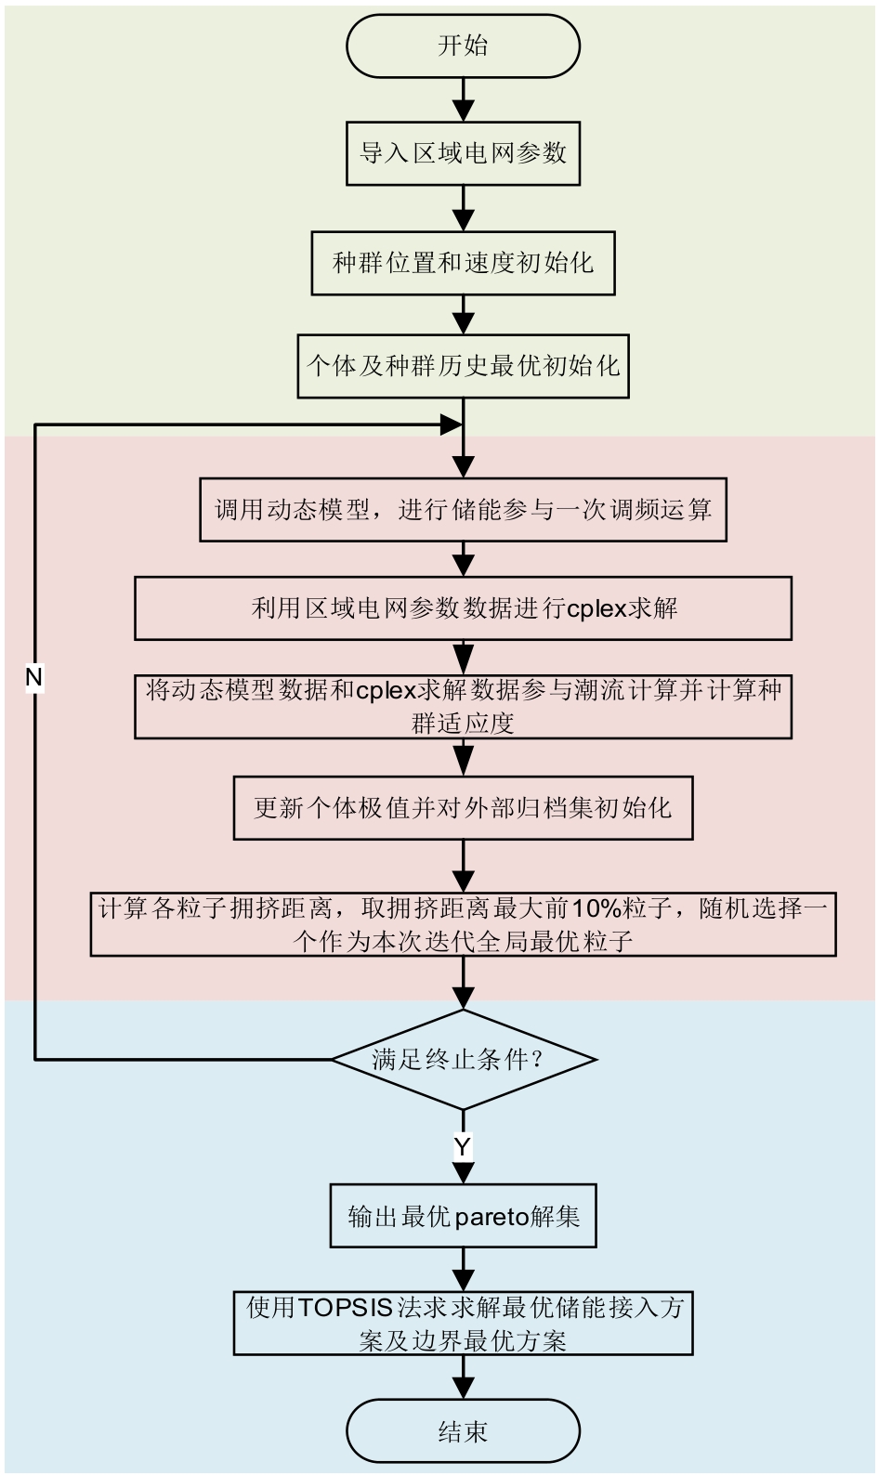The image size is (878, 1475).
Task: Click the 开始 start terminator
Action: [x=463, y=46]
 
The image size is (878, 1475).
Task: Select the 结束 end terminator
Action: [x=463, y=1431]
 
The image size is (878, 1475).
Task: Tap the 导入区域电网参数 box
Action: [x=463, y=153]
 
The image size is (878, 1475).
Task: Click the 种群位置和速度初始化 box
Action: [x=463, y=263]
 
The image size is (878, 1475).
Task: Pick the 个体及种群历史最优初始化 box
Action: [x=463, y=366]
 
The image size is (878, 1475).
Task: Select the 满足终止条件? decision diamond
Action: [x=463, y=1059]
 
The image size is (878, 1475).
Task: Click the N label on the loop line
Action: [x=34, y=678]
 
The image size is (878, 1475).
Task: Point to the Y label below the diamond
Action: [x=463, y=1146]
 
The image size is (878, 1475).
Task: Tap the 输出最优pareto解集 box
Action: [x=463, y=1216]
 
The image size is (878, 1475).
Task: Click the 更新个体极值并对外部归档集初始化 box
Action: [x=463, y=807]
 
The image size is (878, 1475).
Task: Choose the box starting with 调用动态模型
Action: [x=463, y=509]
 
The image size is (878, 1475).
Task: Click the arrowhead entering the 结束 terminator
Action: [x=463, y=1387]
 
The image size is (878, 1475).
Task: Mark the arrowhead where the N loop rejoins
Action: [x=451, y=425]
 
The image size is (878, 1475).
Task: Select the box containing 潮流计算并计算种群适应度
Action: [x=463, y=707]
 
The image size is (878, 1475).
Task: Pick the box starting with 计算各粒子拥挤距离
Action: [x=463, y=924]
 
